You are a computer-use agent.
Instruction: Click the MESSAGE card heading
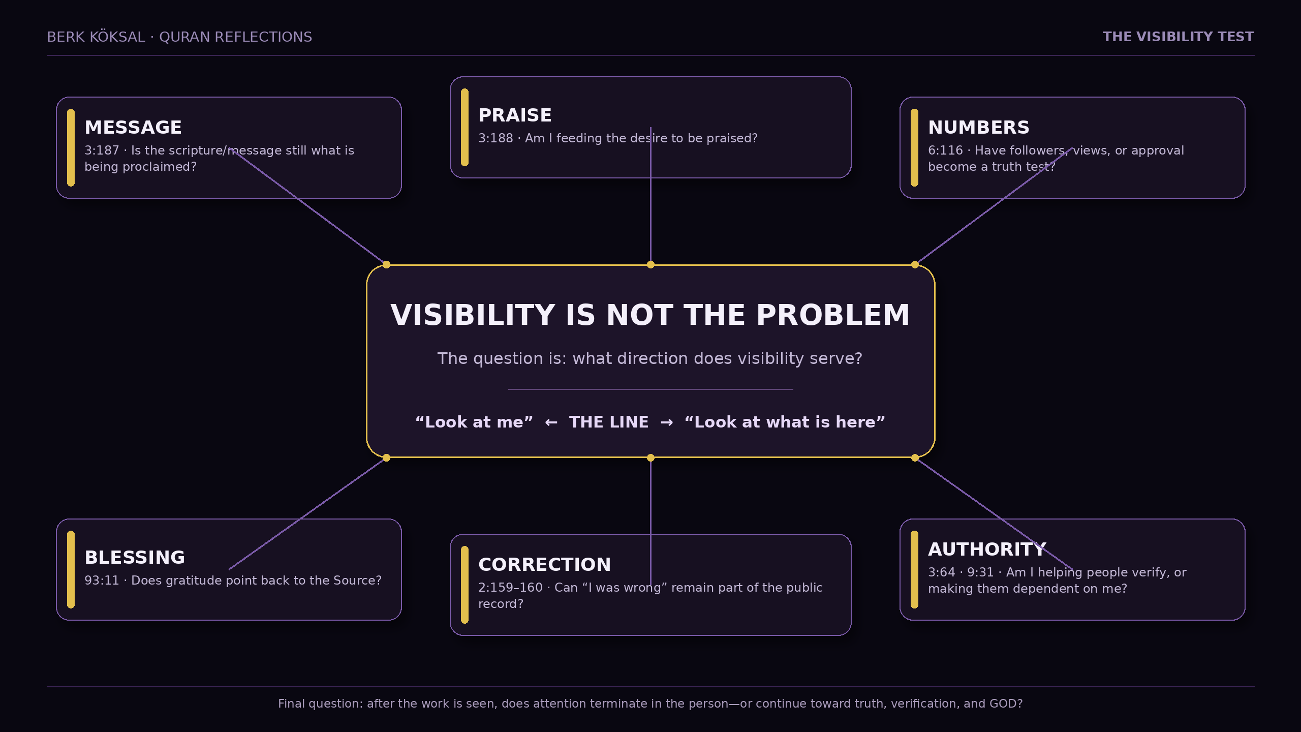point(133,128)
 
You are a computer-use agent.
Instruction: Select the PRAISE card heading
point(515,115)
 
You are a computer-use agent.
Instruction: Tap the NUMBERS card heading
point(979,128)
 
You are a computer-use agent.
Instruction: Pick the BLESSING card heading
point(135,558)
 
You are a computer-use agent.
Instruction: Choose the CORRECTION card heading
point(544,565)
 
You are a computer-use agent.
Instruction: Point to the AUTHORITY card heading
point(987,550)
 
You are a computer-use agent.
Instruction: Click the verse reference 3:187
point(102,150)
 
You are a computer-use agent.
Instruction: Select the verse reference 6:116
point(945,150)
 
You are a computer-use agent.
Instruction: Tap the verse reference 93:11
point(102,581)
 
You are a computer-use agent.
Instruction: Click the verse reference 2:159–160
point(510,588)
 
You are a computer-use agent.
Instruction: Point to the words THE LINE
point(609,422)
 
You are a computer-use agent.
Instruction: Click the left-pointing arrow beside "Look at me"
point(551,422)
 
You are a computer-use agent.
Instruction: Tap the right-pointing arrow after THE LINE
point(667,422)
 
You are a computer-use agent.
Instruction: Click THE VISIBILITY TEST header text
point(1178,37)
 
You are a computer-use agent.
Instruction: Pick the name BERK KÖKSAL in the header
point(96,37)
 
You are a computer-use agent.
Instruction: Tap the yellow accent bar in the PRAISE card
point(464,127)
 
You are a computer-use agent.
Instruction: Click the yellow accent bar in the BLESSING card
point(71,569)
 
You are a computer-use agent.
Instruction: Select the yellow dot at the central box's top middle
point(650,264)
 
